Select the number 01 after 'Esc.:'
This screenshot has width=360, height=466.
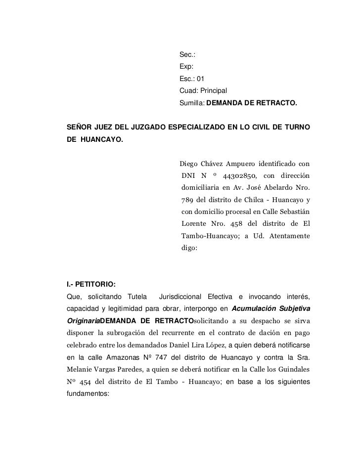pyautogui.click(x=200, y=79)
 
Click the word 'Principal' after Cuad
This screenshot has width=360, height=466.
pyautogui.click(x=212, y=91)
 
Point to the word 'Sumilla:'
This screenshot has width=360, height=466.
pyautogui.click(x=191, y=104)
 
